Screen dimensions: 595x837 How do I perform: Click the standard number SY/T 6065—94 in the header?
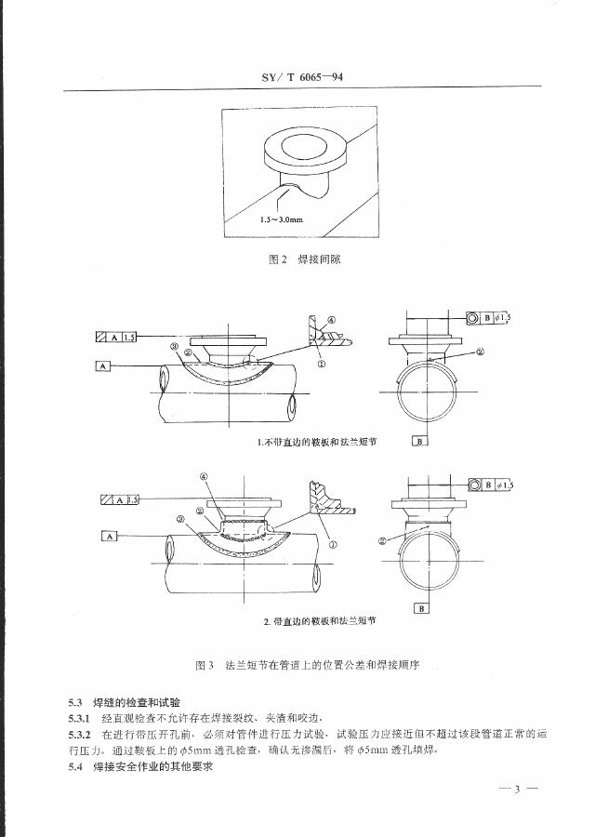pos(297,79)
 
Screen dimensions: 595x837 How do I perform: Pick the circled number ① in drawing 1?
pos(322,365)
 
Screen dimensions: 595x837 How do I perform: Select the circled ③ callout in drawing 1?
pos(174,345)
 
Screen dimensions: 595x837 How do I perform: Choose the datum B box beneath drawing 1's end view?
pos(420,441)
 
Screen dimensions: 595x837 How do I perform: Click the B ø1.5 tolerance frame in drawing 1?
pos(490,318)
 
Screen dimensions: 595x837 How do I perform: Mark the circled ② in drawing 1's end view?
pos(480,352)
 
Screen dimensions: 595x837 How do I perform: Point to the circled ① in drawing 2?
pos(333,544)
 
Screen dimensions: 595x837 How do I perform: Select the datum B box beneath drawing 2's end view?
pos(420,608)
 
